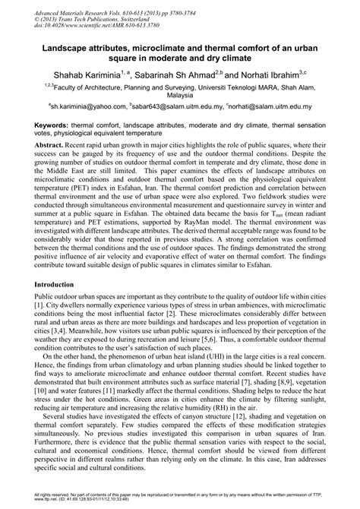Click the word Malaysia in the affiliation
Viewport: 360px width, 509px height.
coord(180,96)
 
